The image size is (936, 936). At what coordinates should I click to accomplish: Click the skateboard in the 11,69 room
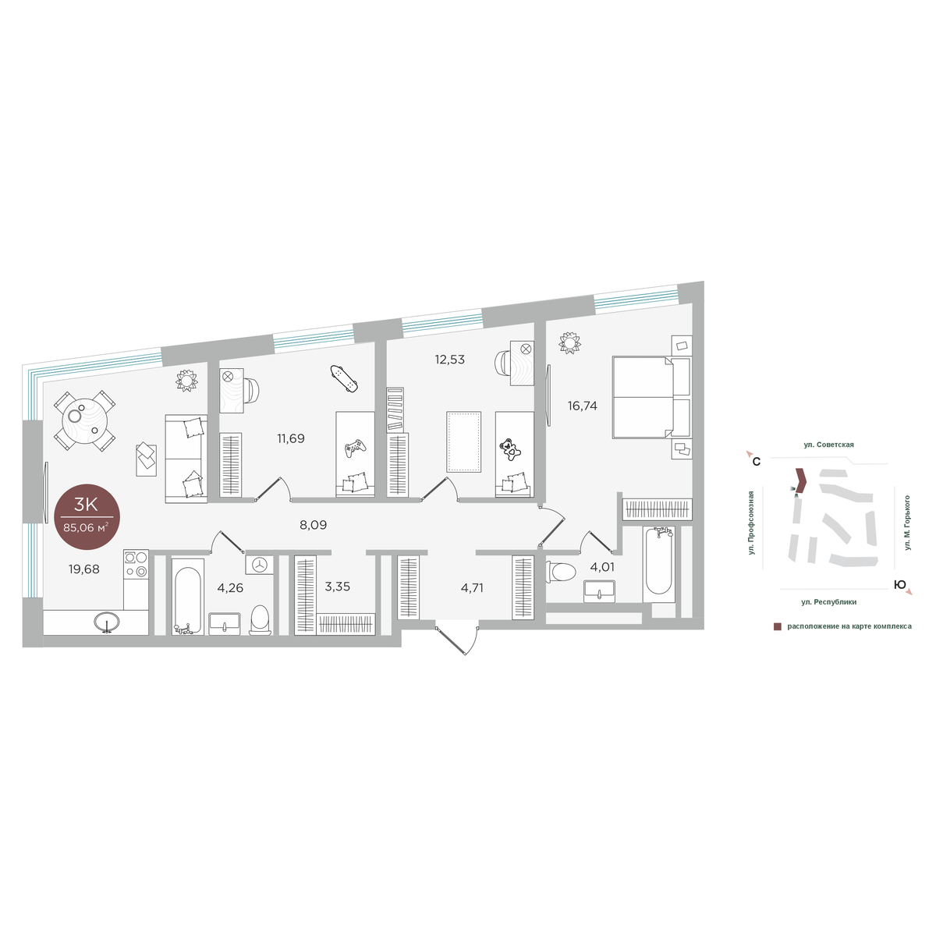(x=343, y=378)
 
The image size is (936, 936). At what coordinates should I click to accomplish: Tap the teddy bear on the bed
(x=509, y=449)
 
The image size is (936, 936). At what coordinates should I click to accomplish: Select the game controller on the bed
(x=355, y=448)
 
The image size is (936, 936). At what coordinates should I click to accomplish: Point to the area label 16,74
(x=582, y=406)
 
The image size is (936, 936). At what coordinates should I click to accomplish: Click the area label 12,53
(x=449, y=360)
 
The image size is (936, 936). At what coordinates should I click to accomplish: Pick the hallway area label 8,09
(x=313, y=525)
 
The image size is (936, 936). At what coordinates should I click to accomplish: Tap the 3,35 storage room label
(x=337, y=587)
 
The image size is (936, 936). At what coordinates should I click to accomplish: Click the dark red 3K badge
(x=87, y=516)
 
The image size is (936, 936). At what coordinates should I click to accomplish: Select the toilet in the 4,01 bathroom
(x=561, y=572)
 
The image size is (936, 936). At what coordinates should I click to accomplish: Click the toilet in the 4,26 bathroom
(x=261, y=620)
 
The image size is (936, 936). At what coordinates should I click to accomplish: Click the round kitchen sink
(x=107, y=622)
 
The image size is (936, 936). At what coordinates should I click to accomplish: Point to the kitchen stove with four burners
(x=136, y=563)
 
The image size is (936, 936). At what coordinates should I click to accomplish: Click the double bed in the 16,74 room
(x=651, y=397)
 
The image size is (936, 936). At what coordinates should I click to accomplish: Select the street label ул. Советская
(x=828, y=445)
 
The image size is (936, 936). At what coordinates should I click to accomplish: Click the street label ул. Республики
(x=828, y=602)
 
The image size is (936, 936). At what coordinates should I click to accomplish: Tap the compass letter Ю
(x=899, y=585)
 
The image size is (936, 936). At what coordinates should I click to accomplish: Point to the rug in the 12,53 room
(x=463, y=441)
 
